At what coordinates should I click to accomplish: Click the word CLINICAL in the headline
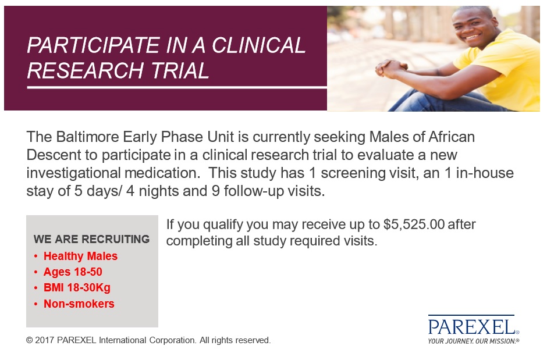(x=258, y=45)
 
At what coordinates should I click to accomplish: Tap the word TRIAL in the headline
(x=180, y=71)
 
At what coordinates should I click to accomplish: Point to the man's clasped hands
(x=390, y=68)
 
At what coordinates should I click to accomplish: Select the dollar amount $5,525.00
(x=414, y=225)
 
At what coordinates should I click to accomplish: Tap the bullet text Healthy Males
(x=80, y=256)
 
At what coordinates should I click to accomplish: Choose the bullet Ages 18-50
(x=73, y=272)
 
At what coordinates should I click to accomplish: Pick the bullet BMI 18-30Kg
(x=77, y=288)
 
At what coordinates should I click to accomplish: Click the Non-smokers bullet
(x=79, y=304)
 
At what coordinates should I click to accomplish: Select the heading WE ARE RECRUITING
(x=91, y=239)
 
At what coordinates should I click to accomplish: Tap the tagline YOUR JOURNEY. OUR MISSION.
(x=473, y=341)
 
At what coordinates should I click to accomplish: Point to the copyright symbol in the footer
(x=29, y=340)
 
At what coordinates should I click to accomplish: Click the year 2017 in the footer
(x=44, y=340)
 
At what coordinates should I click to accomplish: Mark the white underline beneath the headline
(x=177, y=87)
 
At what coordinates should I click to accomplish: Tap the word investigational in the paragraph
(x=73, y=173)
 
